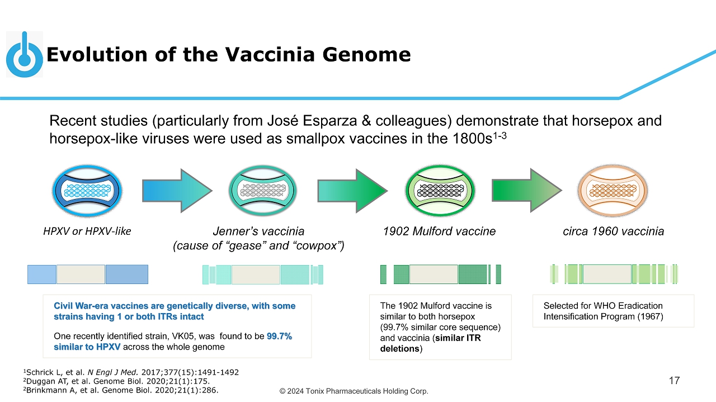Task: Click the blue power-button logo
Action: click(24, 55)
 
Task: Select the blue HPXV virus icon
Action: click(87, 191)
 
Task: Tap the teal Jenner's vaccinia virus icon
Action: click(262, 191)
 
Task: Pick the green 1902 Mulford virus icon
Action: click(438, 191)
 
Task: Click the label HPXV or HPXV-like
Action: click(87, 231)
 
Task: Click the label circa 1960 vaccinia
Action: click(613, 231)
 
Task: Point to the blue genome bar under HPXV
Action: click(88, 274)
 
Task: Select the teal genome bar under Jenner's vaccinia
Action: click(262, 275)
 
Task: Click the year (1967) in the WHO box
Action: click(649, 316)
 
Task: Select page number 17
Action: click(674, 381)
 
